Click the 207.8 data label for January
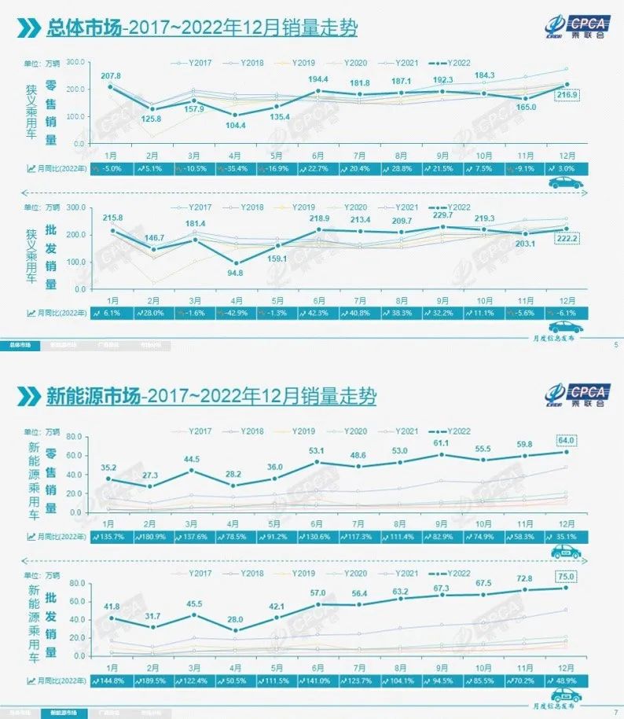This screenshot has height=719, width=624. pos(110,75)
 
